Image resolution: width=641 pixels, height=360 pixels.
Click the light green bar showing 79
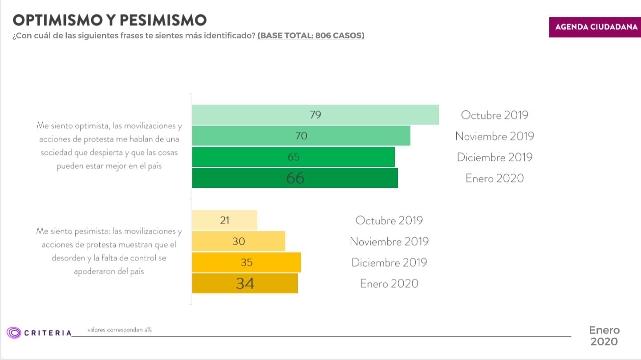pos(315,115)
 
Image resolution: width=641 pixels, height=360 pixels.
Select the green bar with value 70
pos(301,136)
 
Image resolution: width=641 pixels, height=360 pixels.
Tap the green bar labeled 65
pos(293,157)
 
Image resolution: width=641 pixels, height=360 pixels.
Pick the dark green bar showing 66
pos(295,178)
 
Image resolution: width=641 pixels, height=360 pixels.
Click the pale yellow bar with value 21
pos(224,220)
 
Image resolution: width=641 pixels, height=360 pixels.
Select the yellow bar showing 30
pos(239,241)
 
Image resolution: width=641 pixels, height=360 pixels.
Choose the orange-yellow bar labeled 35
pos(246,262)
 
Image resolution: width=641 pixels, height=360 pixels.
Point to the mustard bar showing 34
pos(245,283)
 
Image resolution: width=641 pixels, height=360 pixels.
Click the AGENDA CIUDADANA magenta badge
pos(595,27)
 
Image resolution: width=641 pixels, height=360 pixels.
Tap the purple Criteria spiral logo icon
pos(14,332)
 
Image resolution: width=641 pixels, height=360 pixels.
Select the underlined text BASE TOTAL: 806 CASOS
pos(311,36)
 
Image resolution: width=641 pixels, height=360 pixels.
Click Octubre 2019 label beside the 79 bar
pos(495,115)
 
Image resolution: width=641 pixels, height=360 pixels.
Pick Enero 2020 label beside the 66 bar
pos(495,178)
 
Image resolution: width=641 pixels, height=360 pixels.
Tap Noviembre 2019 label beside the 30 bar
pos(389,241)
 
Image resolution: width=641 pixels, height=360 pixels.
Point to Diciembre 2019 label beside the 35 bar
pos(389,262)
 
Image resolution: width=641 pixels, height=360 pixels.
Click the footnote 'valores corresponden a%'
pos(119,330)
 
